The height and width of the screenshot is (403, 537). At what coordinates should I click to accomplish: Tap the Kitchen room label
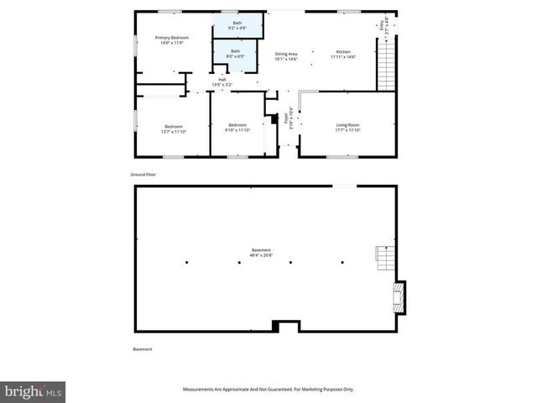point(343,54)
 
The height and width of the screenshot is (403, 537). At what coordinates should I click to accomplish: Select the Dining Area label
point(286,56)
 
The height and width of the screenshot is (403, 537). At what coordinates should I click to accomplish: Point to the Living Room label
point(347,127)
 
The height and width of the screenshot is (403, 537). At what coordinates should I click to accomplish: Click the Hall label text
point(222,82)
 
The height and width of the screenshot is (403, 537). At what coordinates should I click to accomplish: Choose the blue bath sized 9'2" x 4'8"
point(237,25)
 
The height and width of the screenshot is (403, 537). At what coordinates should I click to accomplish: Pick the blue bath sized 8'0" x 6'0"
point(236,54)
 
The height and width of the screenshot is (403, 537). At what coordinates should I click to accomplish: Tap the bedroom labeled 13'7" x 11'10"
point(173,128)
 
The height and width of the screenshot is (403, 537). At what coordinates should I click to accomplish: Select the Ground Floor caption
point(143,174)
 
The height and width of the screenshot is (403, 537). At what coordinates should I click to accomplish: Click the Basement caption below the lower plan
point(143,349)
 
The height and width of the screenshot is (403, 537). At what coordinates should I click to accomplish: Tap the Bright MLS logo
point(34,392)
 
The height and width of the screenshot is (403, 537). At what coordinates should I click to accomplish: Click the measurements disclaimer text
point(268,390)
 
